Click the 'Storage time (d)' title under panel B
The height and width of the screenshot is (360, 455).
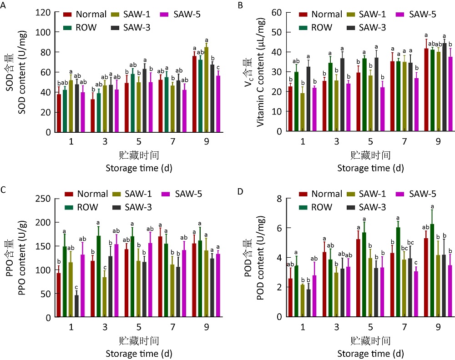click(370, 168)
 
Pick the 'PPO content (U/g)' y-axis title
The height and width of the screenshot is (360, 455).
click(22, 258)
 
